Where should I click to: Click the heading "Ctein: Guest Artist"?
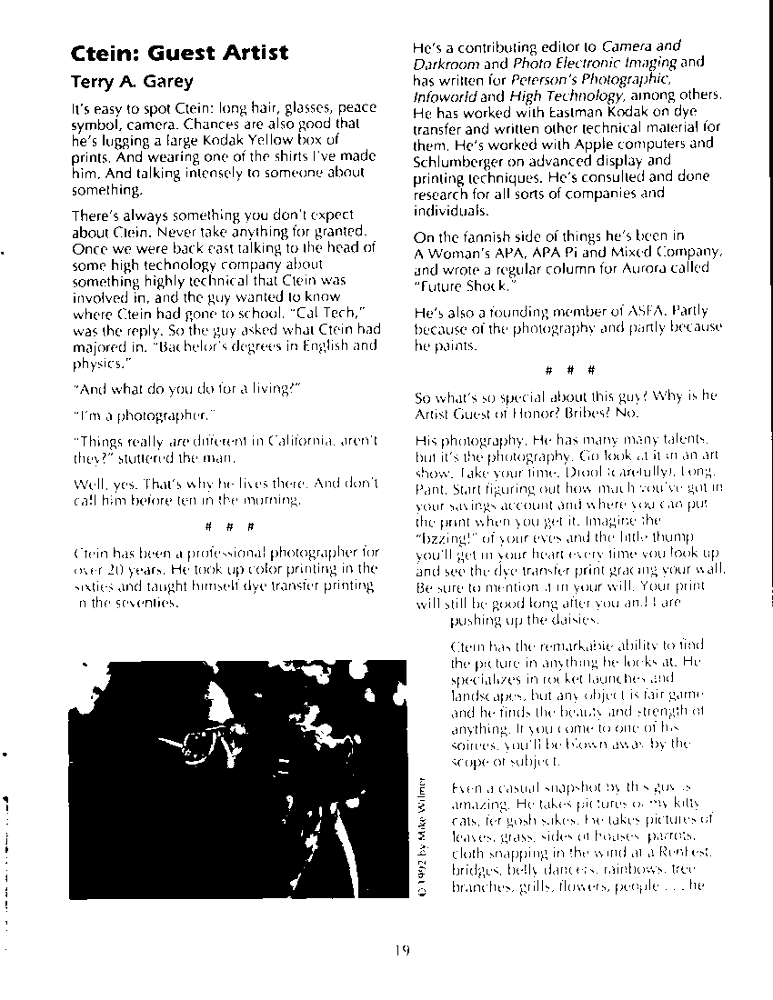click(x=179, y=53)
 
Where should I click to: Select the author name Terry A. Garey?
click(x=132, y=82)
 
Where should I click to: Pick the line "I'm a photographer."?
click(x=143, y=415)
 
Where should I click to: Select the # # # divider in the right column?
click(x=569, y=371)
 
